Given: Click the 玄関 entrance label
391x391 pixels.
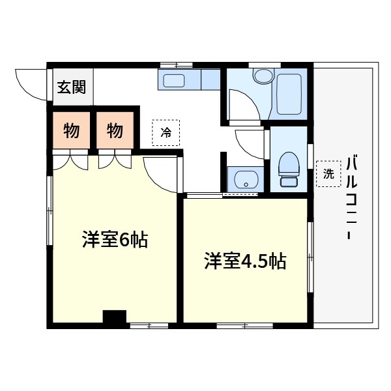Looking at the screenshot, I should point(71,87).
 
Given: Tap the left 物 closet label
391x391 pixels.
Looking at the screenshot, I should point(72,130).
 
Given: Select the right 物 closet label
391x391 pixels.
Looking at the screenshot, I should point(115,130).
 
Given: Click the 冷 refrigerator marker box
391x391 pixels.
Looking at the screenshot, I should point(166,133).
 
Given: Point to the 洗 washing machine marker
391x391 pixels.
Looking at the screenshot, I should point(328,173).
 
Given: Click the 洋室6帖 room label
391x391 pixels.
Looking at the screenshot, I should point(115,240).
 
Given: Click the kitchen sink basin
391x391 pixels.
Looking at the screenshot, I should point(174,80).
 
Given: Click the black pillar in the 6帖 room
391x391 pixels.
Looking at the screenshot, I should point(114,317).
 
